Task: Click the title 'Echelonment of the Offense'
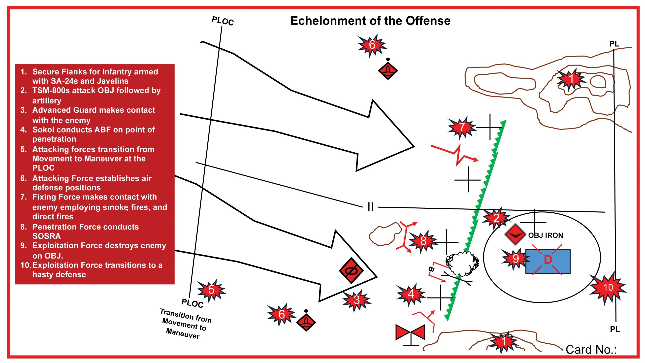370,21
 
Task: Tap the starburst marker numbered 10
608,287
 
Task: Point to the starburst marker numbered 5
212,290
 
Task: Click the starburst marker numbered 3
357,300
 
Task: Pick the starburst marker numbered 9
515,259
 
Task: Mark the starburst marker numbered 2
496,218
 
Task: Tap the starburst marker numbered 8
423,241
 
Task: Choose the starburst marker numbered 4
411,294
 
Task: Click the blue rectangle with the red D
548,261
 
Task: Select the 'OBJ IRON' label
545,235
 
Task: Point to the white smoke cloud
462,263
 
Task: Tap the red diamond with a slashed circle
351,270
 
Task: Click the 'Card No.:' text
591,349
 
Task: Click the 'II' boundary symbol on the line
370,207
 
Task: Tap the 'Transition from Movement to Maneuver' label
185,324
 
